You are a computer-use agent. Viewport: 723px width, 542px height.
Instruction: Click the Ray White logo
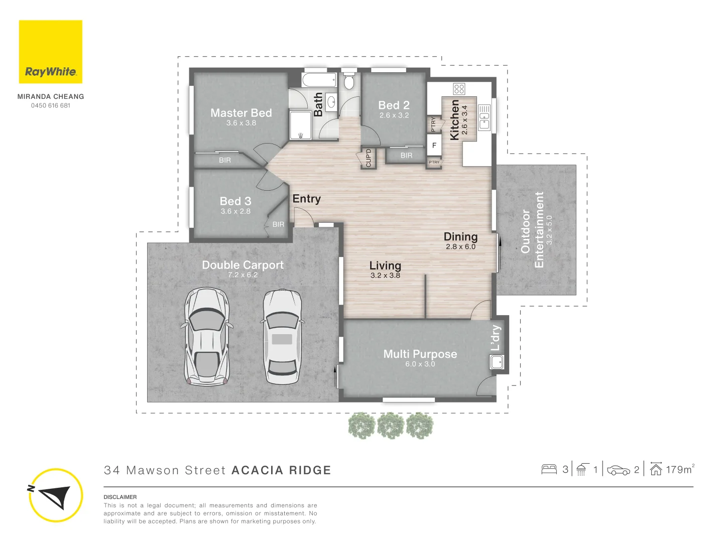coord(50,52)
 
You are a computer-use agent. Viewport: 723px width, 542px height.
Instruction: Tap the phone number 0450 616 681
coord(51,105)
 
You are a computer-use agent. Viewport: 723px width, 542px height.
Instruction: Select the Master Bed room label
coord(241,113)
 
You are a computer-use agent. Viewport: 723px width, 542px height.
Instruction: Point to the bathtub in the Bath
coord(319,80)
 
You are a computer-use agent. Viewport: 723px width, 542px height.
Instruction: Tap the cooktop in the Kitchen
coord(459,89)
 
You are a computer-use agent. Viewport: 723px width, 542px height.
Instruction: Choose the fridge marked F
coord(434,145)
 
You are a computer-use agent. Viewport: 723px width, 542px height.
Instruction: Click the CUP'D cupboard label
coord(368,158)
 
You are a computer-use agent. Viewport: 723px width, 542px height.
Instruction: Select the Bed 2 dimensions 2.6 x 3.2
coord(394,115)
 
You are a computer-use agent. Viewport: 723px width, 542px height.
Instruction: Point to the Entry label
coord(307,199)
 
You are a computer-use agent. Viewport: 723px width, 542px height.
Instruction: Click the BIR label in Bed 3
coord(278,224)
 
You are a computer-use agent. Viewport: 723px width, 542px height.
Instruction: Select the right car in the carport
coord(283,336)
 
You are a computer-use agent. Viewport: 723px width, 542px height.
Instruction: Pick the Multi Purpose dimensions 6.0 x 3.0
coord(420,364)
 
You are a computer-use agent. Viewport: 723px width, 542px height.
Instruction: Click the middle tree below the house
coord(391,426)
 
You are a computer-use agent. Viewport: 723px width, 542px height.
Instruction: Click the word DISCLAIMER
coord(120,497)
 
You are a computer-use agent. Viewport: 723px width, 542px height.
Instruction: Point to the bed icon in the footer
coord(549,469)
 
